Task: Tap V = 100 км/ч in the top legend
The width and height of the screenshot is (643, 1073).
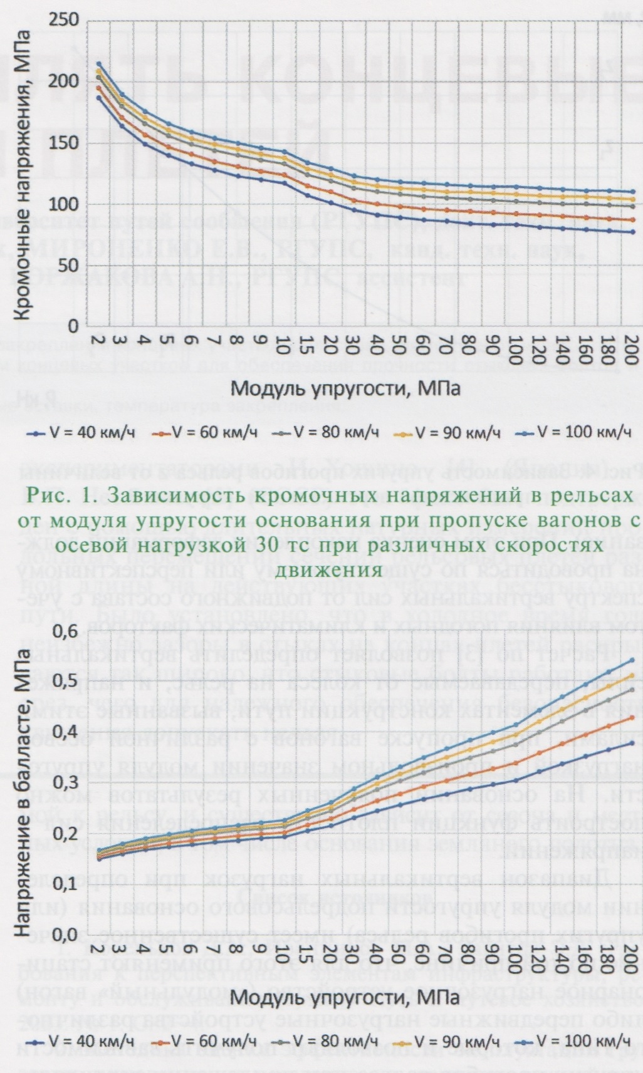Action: (583, 432)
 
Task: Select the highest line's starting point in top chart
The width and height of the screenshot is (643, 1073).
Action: (98, 64)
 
